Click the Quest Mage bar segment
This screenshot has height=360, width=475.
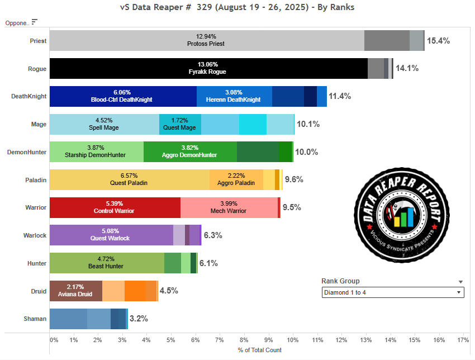click(180, 124)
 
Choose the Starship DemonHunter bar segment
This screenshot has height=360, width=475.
click(97, 151)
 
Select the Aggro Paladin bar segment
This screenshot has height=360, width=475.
click(236, 179)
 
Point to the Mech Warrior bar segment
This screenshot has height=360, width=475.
click(229, 207)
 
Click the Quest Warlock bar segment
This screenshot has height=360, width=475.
click(111, 235)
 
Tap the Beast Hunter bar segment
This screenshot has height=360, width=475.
click(107, 263)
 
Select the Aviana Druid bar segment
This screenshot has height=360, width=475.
click(76, 291)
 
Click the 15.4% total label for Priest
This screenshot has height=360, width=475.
click(438, 41)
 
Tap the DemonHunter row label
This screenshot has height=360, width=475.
click(26, 151)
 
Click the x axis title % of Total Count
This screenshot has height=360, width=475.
click(259, 350)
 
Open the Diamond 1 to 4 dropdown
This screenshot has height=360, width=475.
click(393, 292)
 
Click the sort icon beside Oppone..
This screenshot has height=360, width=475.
click(35, 22)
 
